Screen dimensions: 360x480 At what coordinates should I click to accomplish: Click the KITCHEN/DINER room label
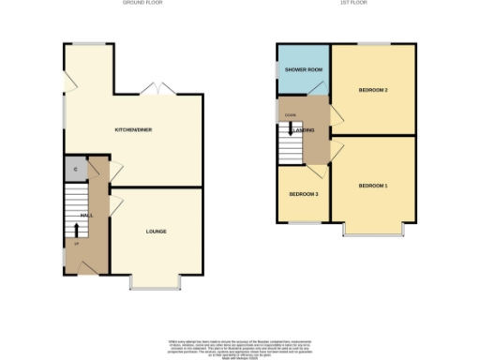128,129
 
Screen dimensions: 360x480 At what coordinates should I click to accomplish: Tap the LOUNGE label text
156,231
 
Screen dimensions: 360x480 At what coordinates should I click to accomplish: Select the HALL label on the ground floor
85,216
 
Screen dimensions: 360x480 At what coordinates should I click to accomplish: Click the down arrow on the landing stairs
290,130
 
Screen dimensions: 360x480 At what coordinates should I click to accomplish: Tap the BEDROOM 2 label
373,90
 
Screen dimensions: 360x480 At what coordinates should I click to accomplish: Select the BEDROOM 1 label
372,186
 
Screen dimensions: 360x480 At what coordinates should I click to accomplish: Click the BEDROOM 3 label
303,193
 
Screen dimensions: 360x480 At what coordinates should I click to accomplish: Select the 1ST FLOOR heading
352,4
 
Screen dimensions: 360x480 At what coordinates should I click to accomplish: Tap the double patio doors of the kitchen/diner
151,90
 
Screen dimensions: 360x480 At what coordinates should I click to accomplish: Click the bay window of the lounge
155,283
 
